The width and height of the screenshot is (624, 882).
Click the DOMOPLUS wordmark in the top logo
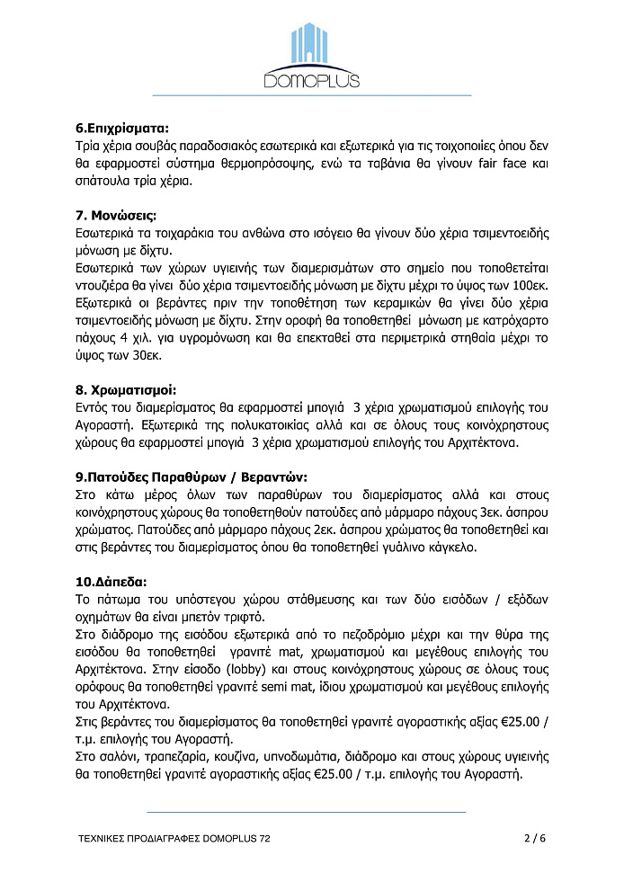pos(312,81)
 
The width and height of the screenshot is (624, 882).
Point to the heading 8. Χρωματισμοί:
pos(126,390)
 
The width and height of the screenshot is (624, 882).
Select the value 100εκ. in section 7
pos(529,286)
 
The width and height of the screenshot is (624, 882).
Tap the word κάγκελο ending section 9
pos(434,548)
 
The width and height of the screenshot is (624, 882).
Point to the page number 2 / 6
pos(534,838)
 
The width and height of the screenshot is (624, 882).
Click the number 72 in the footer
pos(263,838)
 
